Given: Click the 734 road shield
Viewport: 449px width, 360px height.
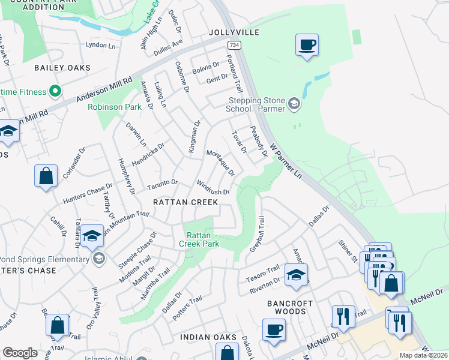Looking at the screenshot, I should [234, 45].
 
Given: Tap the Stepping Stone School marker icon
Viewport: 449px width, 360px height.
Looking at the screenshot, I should [294, 104].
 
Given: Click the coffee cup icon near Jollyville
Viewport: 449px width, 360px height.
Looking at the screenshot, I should [307, 44].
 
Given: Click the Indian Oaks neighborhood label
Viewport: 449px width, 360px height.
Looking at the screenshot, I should [209, 338].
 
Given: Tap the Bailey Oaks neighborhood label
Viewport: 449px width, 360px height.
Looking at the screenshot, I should [62, 68].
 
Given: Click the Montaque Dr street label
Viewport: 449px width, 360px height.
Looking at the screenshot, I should [220, 162].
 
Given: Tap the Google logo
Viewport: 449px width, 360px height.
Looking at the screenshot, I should [20, 353].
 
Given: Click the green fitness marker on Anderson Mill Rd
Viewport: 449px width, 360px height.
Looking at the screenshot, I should [55, 92].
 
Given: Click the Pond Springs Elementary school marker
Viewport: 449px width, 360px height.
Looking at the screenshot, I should [99, 259].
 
